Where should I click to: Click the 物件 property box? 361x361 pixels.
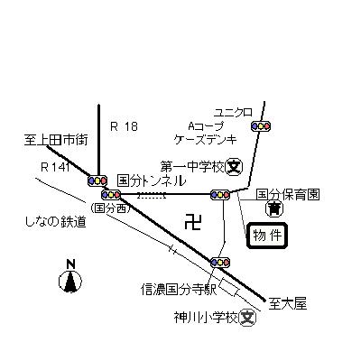[x=267, y=236]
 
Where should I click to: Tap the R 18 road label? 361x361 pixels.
[x=124, y=126]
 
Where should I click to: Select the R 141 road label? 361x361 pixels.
[x=56, y=167]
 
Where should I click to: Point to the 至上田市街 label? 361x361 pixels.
[x=56, y=141]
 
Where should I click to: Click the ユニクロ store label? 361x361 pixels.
[x=233, y=113]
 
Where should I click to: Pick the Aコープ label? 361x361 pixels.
[x=207, y=125]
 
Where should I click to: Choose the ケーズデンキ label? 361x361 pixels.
[x=206, y=139]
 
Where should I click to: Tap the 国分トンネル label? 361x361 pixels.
[x=152, y=180]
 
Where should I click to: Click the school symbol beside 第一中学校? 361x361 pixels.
[x=235, y=166]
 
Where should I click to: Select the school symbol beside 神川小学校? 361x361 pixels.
[x=247, y=317]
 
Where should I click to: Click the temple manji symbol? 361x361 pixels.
[x=193, y=222]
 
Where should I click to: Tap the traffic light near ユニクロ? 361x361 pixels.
[x=261, y=126]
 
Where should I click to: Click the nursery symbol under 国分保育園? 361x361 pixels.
[x=274, y=208]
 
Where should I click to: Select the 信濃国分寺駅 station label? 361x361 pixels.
[x=179, y=290]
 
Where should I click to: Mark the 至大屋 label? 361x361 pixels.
[x=288, y=304]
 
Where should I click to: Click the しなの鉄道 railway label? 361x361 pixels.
[x=55, y=222]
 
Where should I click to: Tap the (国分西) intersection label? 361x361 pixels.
[x=110, y=208]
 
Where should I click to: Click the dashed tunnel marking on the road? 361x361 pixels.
[x=152, y=196]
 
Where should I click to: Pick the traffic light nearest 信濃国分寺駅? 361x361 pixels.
[x=220, y=263]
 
